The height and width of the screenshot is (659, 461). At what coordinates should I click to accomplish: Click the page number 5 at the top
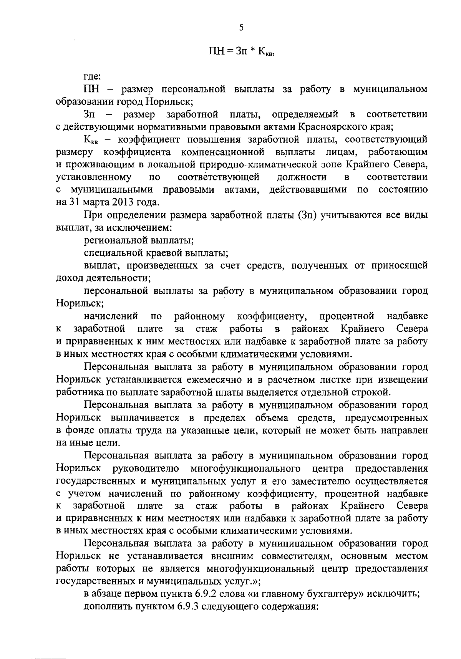tap(241, 27)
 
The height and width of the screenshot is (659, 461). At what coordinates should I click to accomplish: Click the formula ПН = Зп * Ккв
tap(241, 51)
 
